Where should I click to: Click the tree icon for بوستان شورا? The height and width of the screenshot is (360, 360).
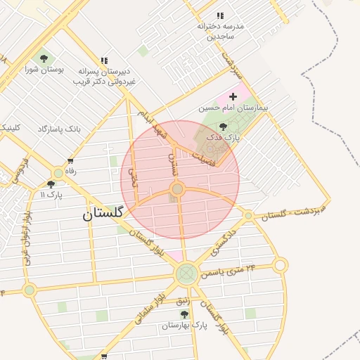coord(44,58)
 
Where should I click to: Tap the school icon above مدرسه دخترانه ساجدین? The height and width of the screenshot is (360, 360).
coord(220,15)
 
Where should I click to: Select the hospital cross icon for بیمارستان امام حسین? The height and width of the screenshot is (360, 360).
coord(233,96)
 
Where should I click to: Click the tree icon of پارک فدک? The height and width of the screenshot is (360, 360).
coord(224,127)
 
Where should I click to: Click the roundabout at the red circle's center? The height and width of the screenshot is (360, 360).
coord(177,189)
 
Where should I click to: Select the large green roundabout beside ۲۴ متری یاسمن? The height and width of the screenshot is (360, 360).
coord(186,273)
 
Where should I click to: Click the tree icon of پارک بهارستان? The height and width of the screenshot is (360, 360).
coord(184,314)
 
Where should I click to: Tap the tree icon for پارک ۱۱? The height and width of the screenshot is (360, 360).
coord(51,184)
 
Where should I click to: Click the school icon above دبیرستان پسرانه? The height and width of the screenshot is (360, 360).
coord(104,61)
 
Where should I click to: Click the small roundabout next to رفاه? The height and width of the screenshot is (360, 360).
coord(58,172)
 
